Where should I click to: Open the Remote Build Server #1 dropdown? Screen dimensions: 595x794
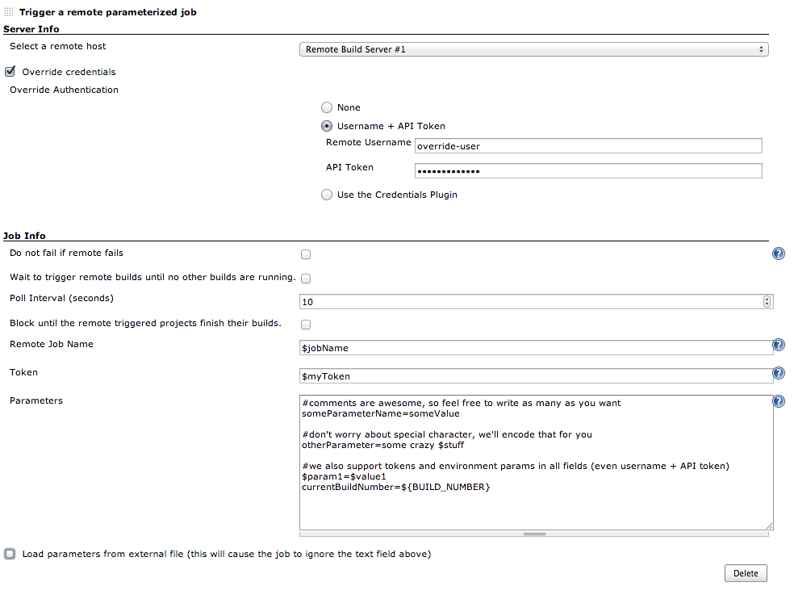[533, 49]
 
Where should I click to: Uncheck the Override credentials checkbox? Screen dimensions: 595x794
[10, 71]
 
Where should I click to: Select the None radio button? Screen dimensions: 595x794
[326, 107]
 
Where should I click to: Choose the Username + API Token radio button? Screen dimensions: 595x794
[326, 126]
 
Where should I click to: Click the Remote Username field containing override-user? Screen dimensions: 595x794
[587, 146]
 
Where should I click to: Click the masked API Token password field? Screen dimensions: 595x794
[587, 171]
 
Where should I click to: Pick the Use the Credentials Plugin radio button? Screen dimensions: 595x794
[326, 195]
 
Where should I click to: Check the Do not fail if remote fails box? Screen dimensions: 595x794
[306, 254]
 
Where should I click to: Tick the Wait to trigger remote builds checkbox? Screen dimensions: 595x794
[306, 279]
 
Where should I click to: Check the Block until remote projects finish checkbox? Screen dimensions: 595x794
[306, 325]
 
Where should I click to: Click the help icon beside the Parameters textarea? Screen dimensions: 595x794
[779, 401]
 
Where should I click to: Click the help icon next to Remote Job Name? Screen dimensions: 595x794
[779, 345]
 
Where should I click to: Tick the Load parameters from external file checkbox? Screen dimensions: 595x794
[10, 554]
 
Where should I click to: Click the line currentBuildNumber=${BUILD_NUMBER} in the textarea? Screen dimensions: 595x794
[395, 488]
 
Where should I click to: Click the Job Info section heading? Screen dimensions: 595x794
[24, 236]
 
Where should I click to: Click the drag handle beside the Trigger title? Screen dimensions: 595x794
[9, 12]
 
